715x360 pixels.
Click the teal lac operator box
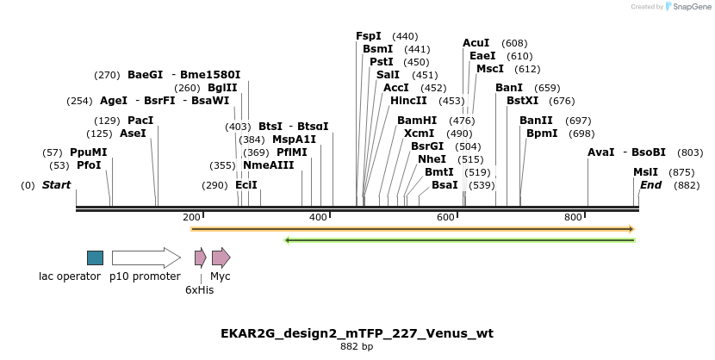pyautogui.click(x=95, y=258)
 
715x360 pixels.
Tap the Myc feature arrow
pyautogui.click(x=221, y=258)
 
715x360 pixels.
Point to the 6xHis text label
pyautogui.click(x=199, y=290)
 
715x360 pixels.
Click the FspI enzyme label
pyautogui.click(x=369, y=36)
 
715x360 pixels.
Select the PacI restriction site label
pyautogui.click(x=140, y=121)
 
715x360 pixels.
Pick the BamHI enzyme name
pyautogui.click(x=417, y=121)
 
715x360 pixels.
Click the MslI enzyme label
pyautogui.click(x=645, y=172)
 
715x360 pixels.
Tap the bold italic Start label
pyautogui.click(x=56, y=185)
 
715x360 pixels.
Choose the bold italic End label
pyautogui.click(x=650, y=185)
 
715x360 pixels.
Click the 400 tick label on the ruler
pyautogui.click(x=319, y=218)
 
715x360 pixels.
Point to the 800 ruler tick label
pyautogui.click(x=573, y=218)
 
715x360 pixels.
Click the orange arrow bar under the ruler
pyautogui.click(x=412, y=229)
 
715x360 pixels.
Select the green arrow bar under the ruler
pyautogui.click(x=459, y=239)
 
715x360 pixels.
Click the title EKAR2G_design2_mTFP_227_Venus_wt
pyautogui.click(x=357, y=333)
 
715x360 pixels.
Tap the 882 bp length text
pyautogui.click(x=357, y=347)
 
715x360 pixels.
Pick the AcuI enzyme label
pyautogui.click(x=476, y=43)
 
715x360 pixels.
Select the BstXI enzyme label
pyautogui.click(x=522, y=101)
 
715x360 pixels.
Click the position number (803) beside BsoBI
pyautogui.click(x=690, y=152)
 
